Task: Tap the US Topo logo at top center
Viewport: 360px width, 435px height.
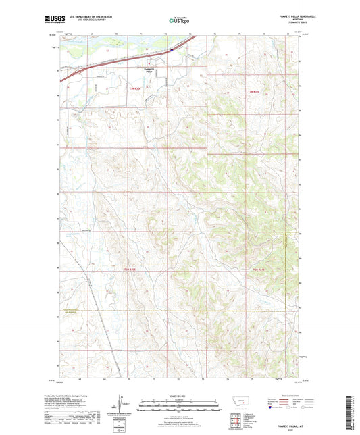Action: tap(179, 21)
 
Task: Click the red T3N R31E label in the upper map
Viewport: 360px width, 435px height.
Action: tap(253, 91)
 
